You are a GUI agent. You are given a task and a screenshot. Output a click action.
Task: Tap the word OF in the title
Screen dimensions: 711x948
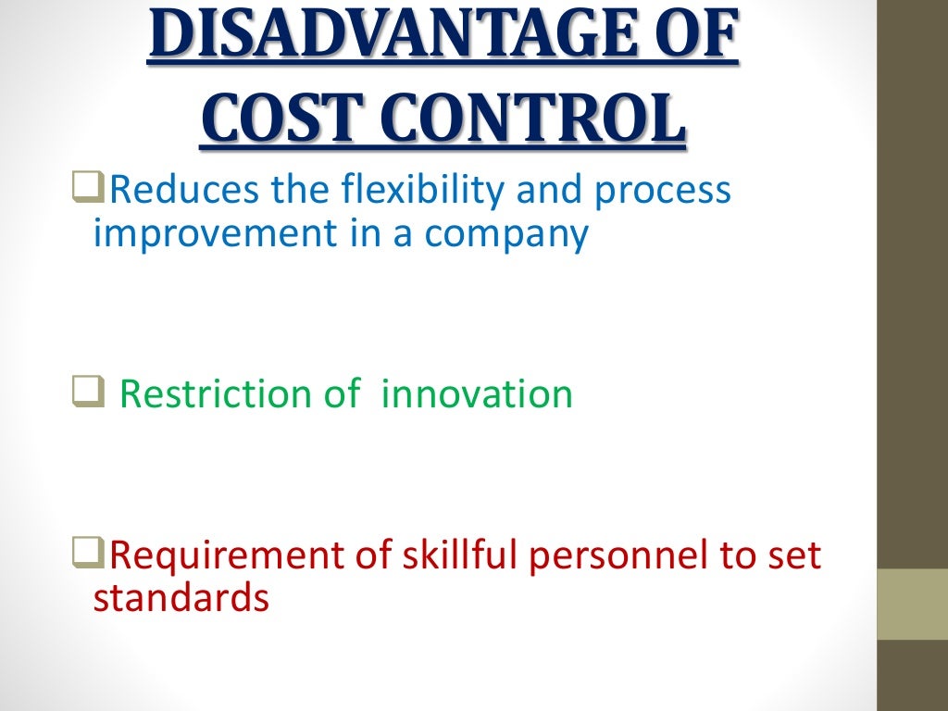pos(701,37)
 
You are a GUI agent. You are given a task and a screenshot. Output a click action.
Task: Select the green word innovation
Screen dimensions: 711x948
pos(477,394)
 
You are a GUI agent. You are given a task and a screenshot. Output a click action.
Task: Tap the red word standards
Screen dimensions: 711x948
pos(181,598)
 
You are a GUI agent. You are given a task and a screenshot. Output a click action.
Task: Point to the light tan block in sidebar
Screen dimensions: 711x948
pos(912,604)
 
